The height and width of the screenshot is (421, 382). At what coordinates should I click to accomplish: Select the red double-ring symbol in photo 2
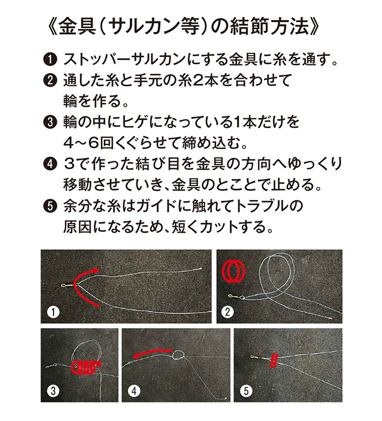click(x=234, y=270)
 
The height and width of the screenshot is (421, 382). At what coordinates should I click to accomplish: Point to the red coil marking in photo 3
click(x=86, y=368)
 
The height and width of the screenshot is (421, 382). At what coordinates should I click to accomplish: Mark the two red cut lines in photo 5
click(x=274, y=361)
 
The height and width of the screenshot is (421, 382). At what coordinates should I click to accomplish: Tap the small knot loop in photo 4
click(x=179, y=354)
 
